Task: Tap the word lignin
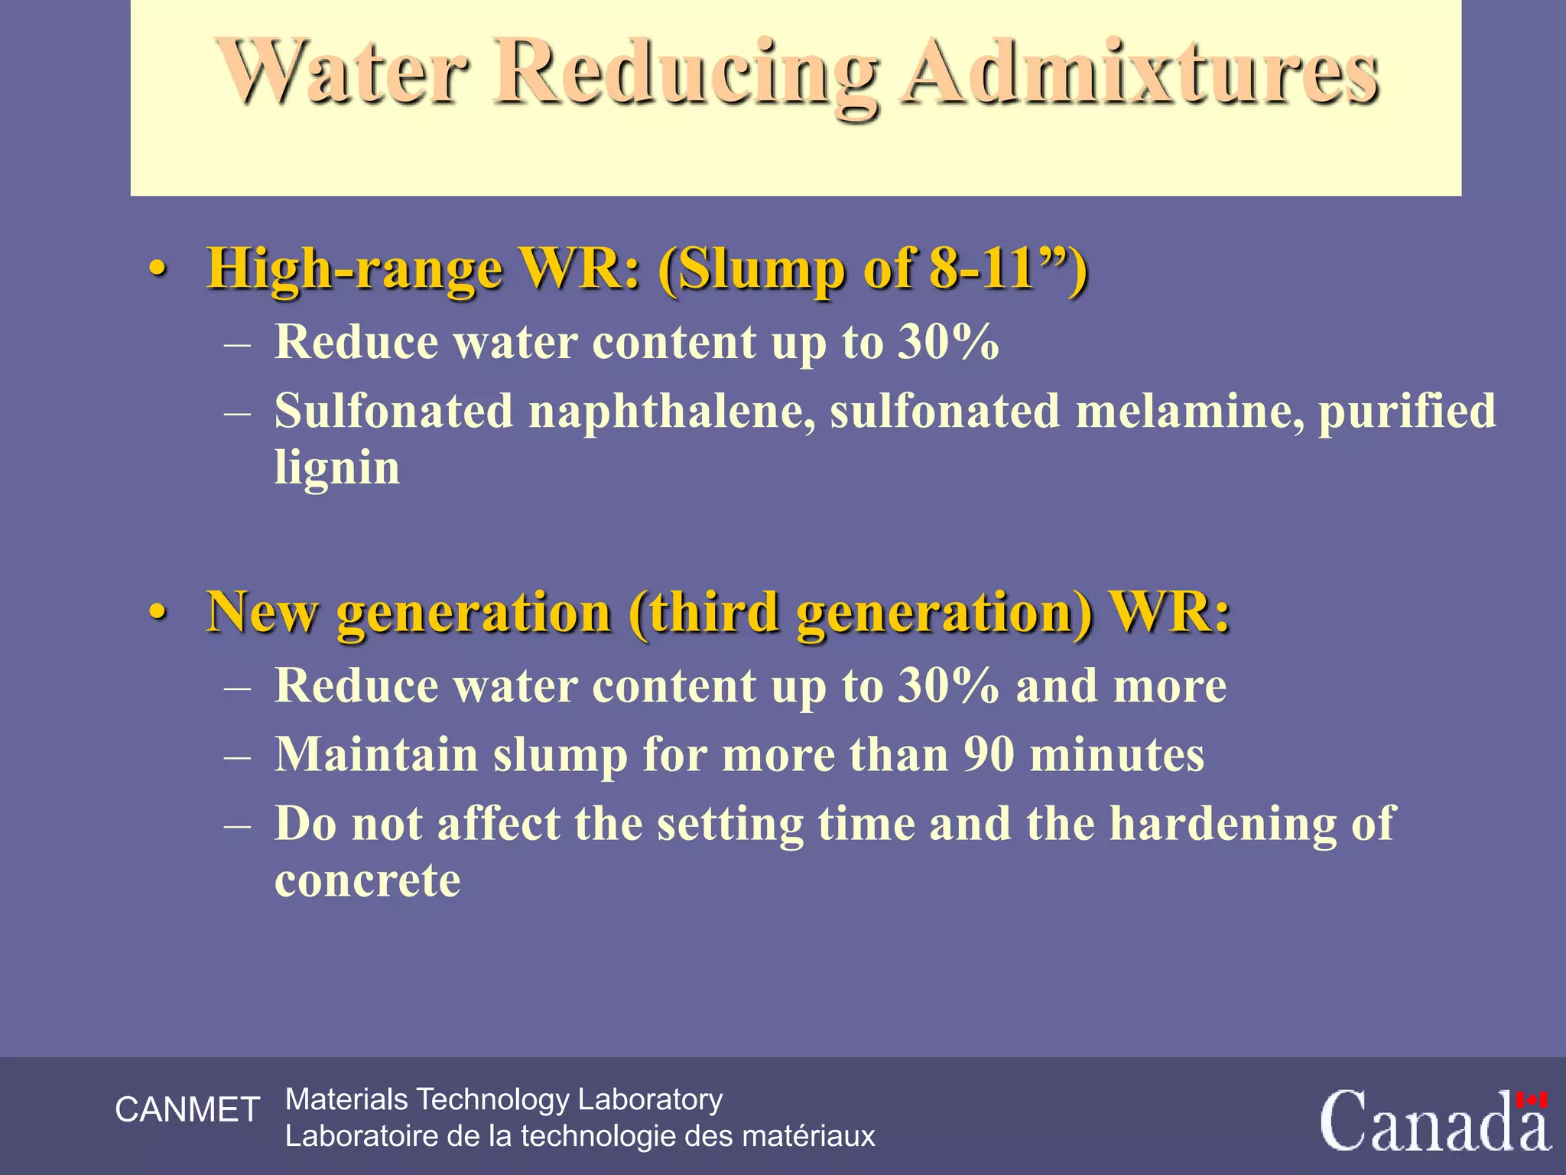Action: point(336,467)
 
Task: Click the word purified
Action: point(1407,412)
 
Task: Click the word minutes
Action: point(1117,755)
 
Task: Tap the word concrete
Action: point(367,880)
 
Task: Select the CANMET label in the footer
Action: point(187,1110)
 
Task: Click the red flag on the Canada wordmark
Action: point(1532,1100)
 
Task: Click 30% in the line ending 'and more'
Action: point(948,685)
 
